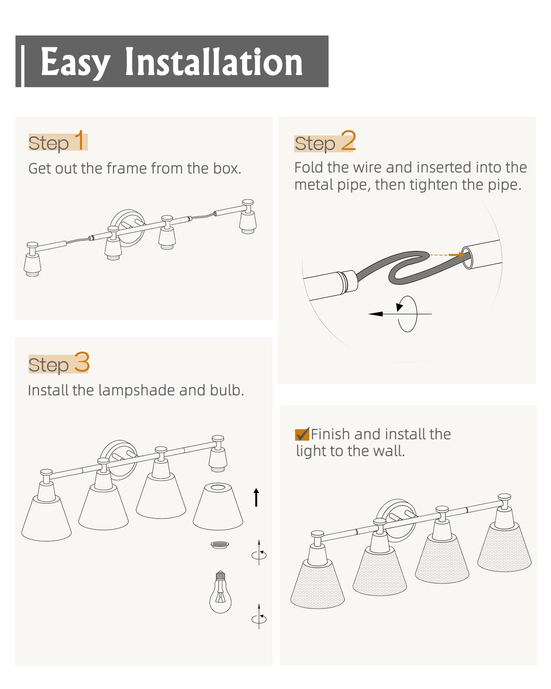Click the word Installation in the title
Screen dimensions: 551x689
click(x=214, y=62)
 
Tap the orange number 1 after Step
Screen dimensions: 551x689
click(x=80, y=140)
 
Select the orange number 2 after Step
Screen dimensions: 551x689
click(x=348, y=141)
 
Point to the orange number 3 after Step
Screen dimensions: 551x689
click(x=82, y=362)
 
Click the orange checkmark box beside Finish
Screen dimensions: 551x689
click(x=302, y=434)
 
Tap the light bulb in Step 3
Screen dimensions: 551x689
click(x=220, y=592)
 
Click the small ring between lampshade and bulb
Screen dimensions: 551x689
click(x=220, y=545)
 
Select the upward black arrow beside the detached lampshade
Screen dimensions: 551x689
click(x=256, y=497)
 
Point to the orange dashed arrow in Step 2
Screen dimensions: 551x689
click(x=447, y=255)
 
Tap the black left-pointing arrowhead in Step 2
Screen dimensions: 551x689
click(x=376, y=314)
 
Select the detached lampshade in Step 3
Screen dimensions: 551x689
click(x=218, y=506)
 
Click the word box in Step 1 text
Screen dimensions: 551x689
click(x=227, y=169)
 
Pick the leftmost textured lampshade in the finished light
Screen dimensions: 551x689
click(x=318, y=585)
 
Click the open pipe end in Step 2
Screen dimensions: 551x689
click(x=467, y=257)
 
